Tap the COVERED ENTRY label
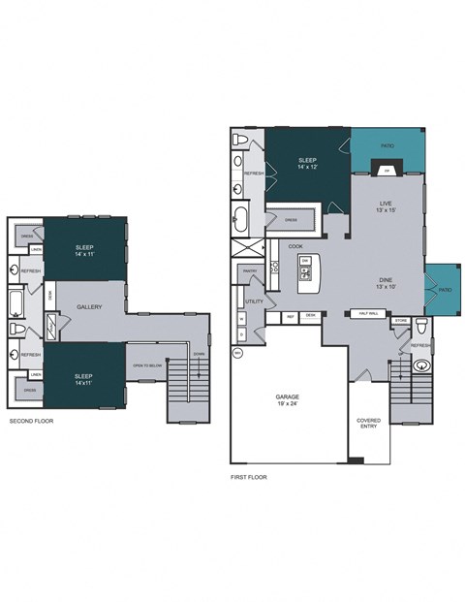[x=369, y=424]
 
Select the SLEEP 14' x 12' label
[x=307, y=164]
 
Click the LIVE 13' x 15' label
[x=386, y=207]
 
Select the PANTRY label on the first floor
[x=249, y=270]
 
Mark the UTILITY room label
[x=254, y=301]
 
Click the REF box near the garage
[x=290, y=316]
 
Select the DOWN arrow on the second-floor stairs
[x=200, y=355]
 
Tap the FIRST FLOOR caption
[x=250, y=477]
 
